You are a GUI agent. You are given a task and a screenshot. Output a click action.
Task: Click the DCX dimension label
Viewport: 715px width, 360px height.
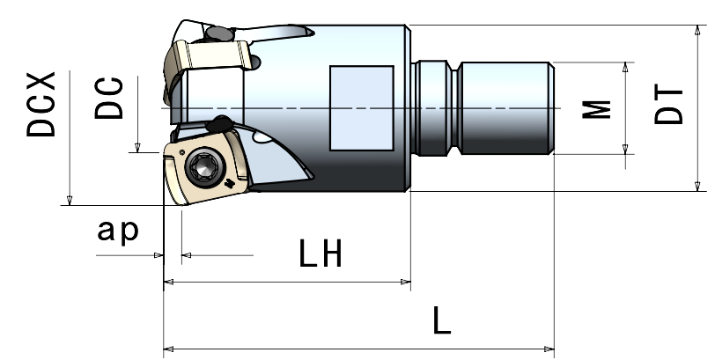41,105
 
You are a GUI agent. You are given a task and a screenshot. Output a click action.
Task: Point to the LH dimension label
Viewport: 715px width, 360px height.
319,255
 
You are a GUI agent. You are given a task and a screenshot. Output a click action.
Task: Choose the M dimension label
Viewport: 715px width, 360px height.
599,109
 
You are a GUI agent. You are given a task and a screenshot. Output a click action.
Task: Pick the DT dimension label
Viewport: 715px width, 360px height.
670,105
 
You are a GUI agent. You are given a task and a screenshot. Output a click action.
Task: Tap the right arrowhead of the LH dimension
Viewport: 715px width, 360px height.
407,283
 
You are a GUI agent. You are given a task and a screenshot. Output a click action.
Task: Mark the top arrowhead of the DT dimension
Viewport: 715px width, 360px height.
697,29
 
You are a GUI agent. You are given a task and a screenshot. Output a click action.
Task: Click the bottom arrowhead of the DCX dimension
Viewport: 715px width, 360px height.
69,201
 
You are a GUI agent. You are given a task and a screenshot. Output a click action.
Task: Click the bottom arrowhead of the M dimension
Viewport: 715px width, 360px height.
627,150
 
